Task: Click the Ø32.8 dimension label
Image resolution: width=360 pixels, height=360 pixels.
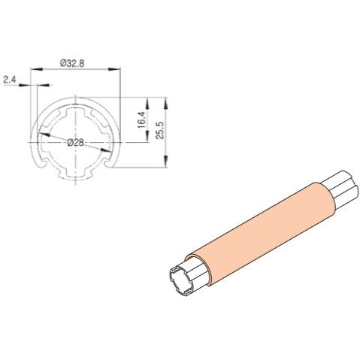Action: pos(74,63)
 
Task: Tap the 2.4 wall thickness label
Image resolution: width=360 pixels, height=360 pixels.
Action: pos(11,77)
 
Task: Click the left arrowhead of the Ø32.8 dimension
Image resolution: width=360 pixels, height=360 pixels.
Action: pos(32,69)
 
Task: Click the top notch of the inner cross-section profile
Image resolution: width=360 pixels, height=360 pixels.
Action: pos(75,106)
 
